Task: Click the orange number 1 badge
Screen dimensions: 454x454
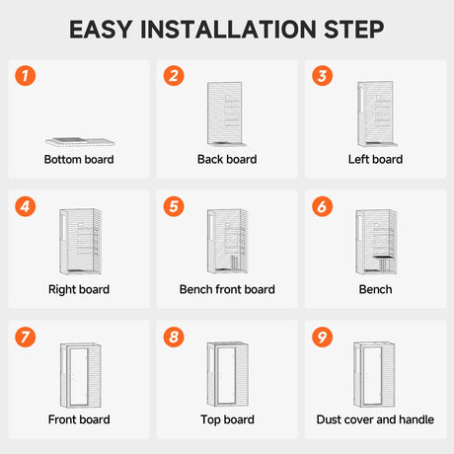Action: point(26,76)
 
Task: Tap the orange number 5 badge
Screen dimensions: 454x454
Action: point(174,206)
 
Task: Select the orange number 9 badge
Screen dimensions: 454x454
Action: point(323,337)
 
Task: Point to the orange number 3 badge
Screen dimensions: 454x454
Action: point(323,76)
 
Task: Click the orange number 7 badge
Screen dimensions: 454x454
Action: point(26,337)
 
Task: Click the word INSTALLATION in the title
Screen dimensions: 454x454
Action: point(228,30)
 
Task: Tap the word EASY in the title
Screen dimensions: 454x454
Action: point(101,30)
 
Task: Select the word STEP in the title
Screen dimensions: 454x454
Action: point(354,30)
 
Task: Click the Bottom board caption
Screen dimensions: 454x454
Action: point(79,160)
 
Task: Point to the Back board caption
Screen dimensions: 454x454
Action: point(227,160)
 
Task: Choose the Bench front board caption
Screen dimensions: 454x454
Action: point(227,289)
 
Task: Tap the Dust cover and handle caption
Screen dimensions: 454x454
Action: point(375,419)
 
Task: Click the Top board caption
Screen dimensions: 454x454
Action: point(227,419)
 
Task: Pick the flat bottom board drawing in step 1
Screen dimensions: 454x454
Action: point(80,142)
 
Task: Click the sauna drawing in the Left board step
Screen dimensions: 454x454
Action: point(377,113)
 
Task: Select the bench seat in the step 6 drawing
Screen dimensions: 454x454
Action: point(384,257)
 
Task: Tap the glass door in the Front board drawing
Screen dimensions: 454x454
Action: point(79,377)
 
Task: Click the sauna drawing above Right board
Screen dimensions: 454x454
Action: point(80,242)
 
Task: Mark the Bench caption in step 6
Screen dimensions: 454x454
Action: point(375,289)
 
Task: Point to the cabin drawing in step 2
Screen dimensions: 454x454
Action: point(226,113)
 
